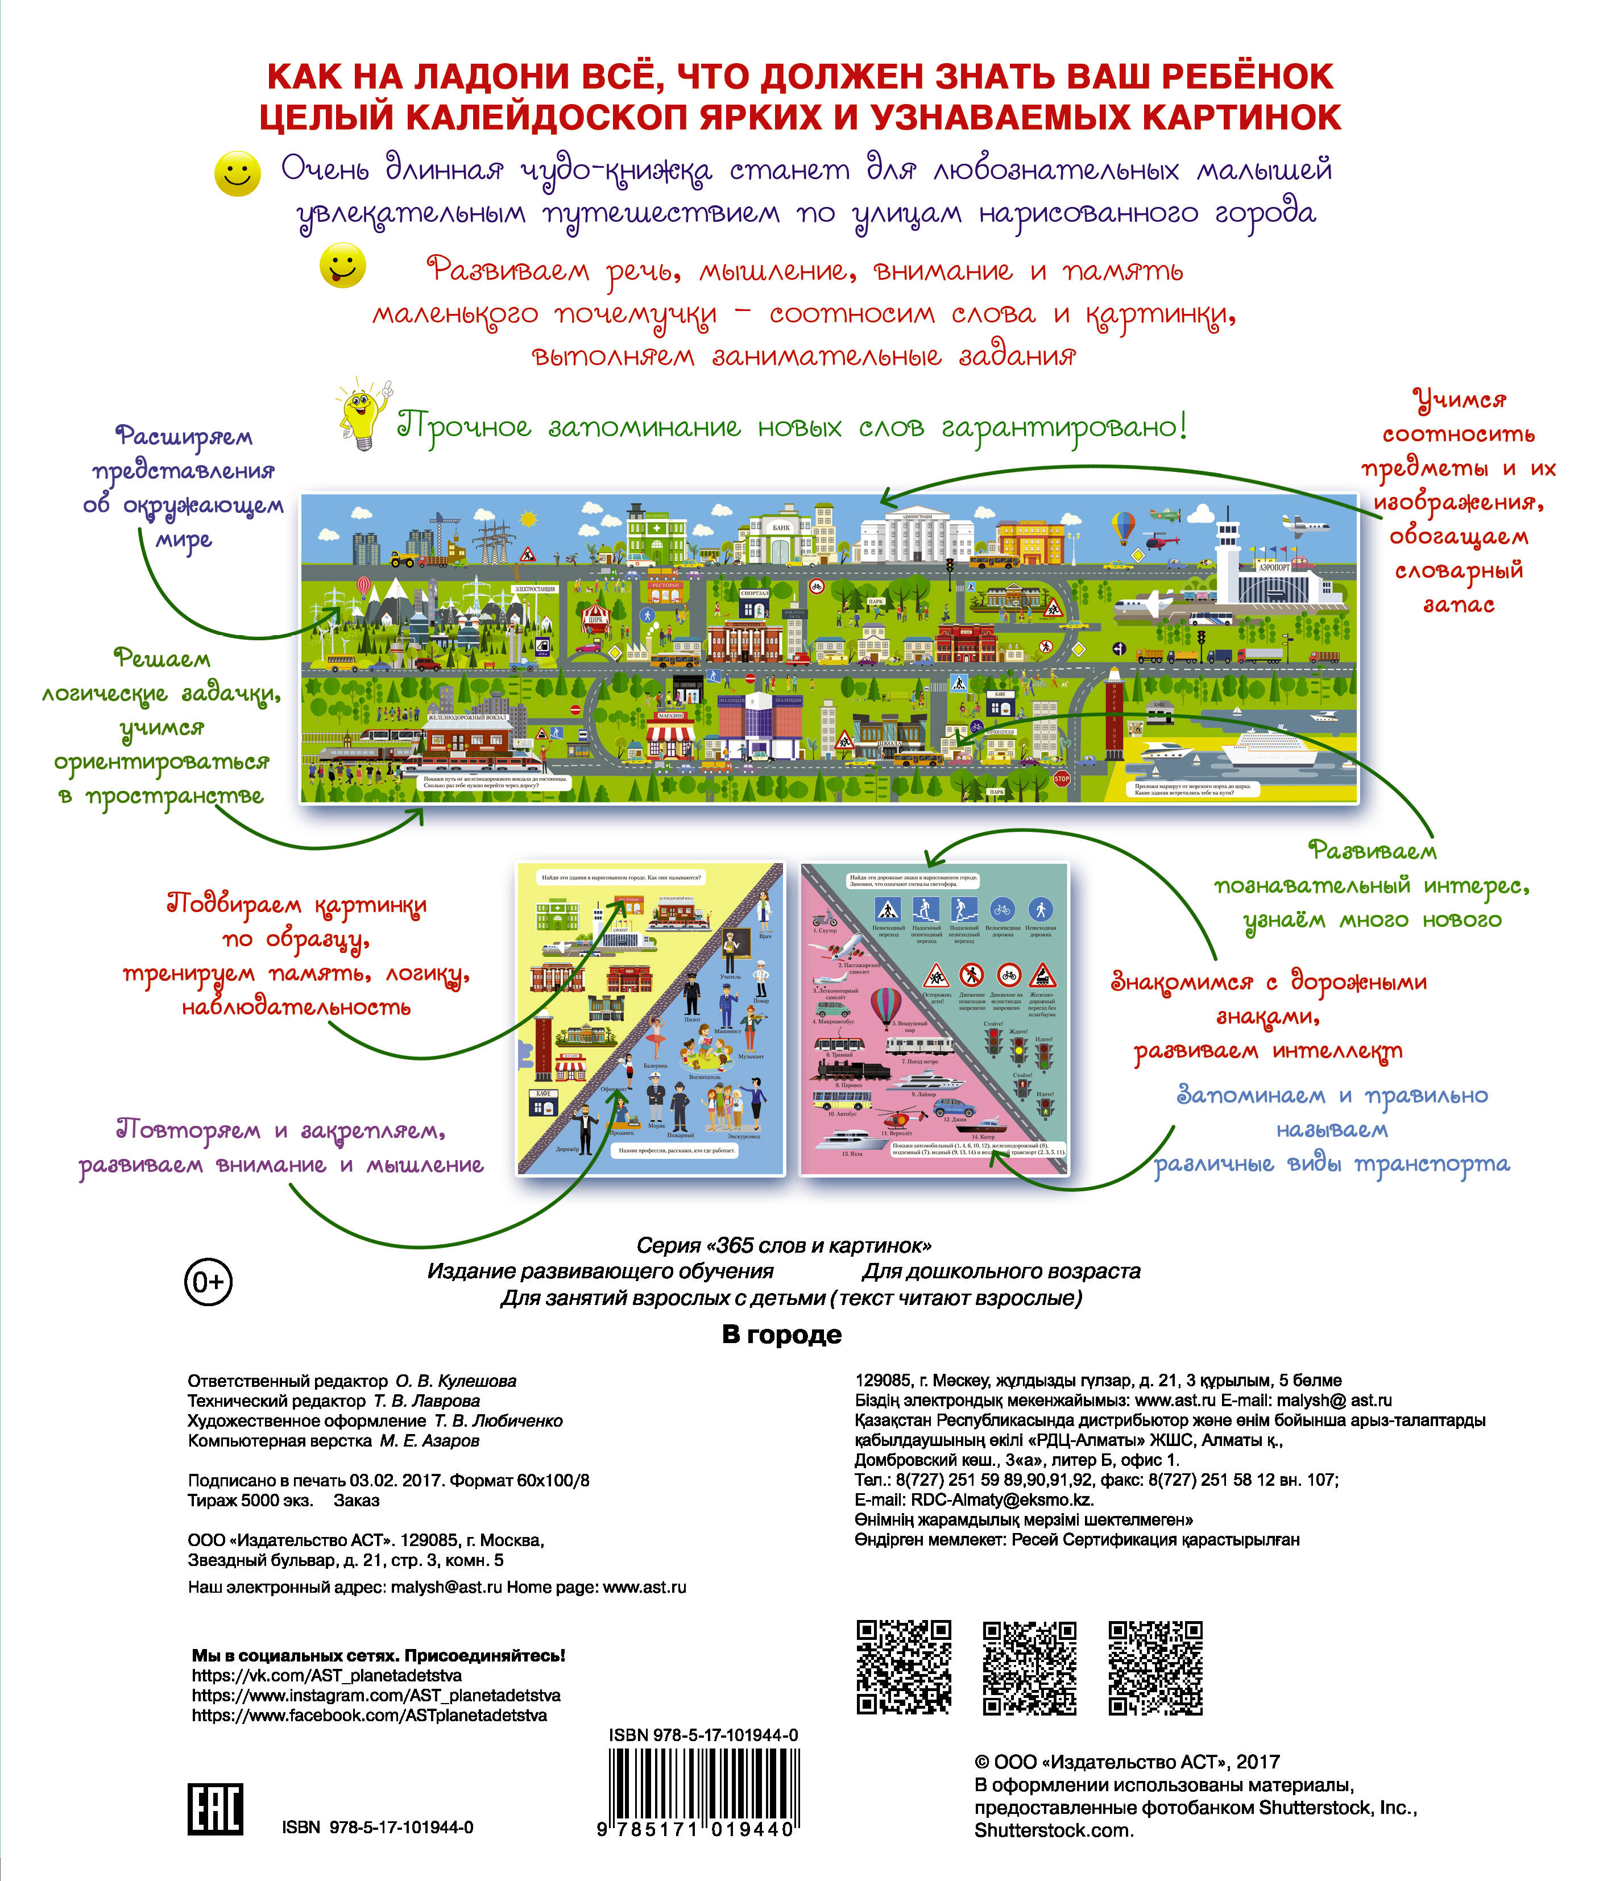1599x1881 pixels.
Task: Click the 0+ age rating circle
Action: click(x=209, y=1282)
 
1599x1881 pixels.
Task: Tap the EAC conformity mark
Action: click(x=215, y=1808)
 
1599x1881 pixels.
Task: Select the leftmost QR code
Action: click(x=904, y=1668)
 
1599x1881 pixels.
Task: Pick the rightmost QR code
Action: click(x=1155, y=1668)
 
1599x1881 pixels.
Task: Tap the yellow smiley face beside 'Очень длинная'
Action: click(x=238, y=172)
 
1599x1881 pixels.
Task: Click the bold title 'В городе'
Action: click(x=781, y=1335)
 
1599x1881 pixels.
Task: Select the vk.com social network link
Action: click(x=326, y=1675)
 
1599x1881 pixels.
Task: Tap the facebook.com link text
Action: click(x=369, y=1715)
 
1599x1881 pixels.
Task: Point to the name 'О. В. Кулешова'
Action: click(x=456, y=1381)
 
